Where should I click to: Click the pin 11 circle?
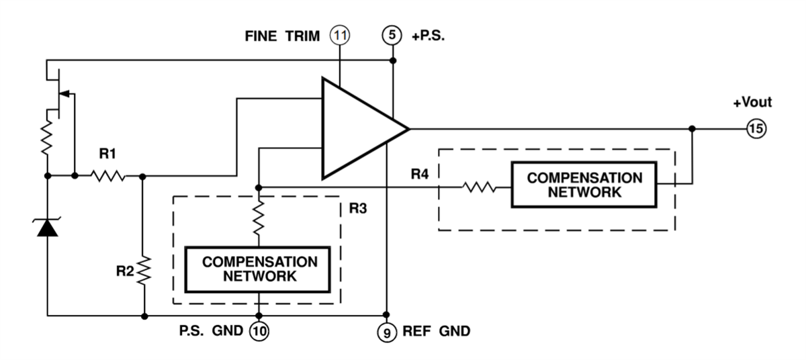click(x=341, y=34)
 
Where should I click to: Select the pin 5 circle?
click(x=392, y=34)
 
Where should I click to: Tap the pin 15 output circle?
click(x=756, y=128)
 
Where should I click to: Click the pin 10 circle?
click(x=259, y=330)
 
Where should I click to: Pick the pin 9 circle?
click(x=386, y=330)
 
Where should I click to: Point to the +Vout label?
click(x=752, y=103)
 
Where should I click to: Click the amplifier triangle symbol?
click(x=359, y=128)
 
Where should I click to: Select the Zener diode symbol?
click(x=48, y=228)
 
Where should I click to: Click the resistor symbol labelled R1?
click(x=107, y=176)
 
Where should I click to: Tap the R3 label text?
click(x=357, y=208)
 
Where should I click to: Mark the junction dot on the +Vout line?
click(x=692, y=128)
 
